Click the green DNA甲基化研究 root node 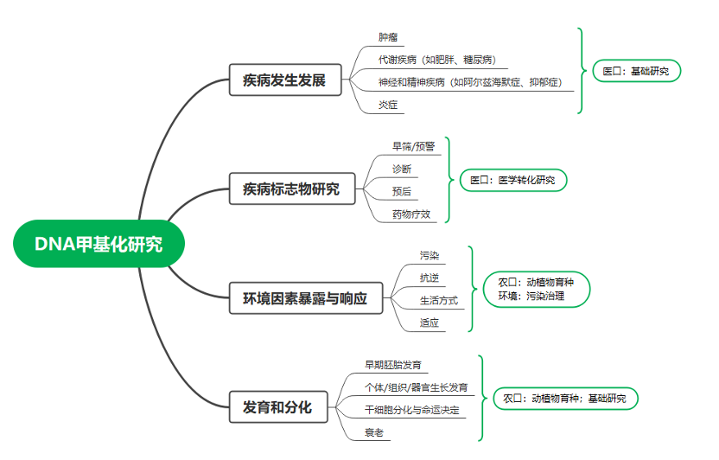[x=99, y=244]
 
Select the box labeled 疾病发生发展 [x=285, y=80]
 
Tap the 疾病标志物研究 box [x=291, y=188]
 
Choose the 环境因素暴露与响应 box [x=305, y=298]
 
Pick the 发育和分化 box [x=278, y=406]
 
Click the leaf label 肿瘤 [x=388, y=37]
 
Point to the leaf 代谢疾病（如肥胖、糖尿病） [x=437, y=60]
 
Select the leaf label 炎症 [x=388, y=105]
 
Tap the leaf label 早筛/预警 [x=413, y=146]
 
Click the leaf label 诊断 [x=402, y=169]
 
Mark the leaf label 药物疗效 [x=411, y=214]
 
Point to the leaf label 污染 [x=429, y=255]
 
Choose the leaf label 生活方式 [x=439, y=300]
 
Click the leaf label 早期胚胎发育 [x=393, y=365]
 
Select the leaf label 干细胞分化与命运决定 [x=411, y=410]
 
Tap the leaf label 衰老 [x=374, y=432]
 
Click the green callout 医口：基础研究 [x=636, y=71]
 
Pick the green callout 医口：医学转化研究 [x=513, y=180]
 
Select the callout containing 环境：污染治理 [x=537, y=289]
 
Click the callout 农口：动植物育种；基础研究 [x=565, y=398]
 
